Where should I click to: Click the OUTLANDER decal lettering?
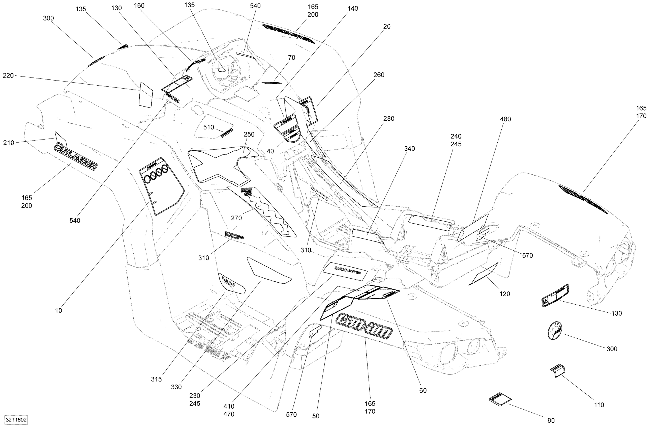click(76, 157)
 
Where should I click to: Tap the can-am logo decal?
click(364, 326)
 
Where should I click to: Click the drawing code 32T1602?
click(16, 420)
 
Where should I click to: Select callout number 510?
click(208, 127)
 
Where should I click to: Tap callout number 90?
click(551, 421)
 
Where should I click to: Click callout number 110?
click(599, 405)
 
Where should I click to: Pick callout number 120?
click(505, 294)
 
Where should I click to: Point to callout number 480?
click(505, 119)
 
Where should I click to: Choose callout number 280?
click(389, 118)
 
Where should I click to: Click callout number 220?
click(8, 75)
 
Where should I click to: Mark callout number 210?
click(8, 143)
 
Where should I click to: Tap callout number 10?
click(58, 311)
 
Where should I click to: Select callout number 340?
click(409, 149)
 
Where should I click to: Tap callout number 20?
click(387, 26)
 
